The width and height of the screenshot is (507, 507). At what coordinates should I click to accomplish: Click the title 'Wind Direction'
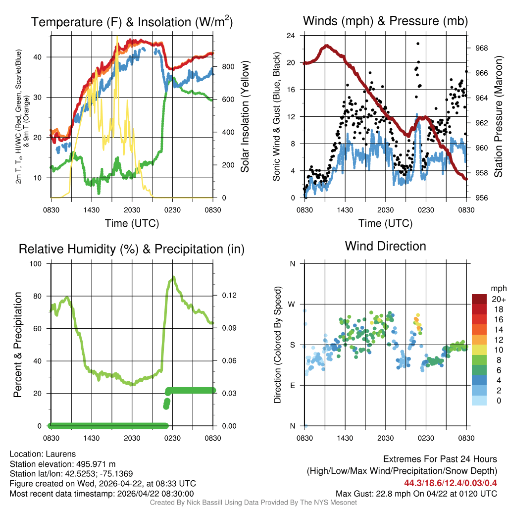pyautogui.click(x=385, y=246)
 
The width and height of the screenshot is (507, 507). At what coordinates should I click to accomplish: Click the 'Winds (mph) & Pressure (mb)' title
pyautogui.click(x=385, y=21)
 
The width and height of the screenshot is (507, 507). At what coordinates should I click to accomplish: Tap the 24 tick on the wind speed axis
pyautogui.click(x=291, y=36)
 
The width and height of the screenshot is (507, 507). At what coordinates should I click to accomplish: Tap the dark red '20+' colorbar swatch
pyautogui.click(x=479, y=299)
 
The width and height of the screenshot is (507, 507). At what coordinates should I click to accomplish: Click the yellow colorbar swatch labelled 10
pyautogui.click(x=479, y=350)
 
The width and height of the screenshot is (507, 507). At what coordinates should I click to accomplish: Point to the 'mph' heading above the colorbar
pyautogui.click(x=497, y=288)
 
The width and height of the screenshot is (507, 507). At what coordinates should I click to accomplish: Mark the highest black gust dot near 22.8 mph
pyautogui.click(x=418, y=44)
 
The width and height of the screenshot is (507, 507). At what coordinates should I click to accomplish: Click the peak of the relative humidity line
pyautogui.click(x=173, y=277)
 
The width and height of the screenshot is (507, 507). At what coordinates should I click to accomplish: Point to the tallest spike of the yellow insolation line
pyautogui.click(x=117, y=37)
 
